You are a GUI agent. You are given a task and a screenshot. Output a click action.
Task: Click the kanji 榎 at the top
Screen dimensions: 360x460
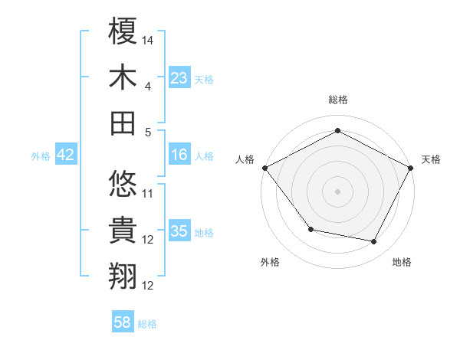click(x=123, y=32)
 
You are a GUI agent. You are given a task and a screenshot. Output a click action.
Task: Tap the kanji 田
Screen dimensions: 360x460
click(x=123, y=123)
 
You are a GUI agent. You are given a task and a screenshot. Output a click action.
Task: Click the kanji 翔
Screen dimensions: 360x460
click(x=123, y=277)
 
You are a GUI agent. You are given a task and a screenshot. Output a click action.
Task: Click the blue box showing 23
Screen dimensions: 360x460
click(x=179, y=77)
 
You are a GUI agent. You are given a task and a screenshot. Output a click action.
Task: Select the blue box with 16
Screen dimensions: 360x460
click(x=179, y=155)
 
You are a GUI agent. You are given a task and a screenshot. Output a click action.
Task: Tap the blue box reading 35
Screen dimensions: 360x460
click(x=179, y=231)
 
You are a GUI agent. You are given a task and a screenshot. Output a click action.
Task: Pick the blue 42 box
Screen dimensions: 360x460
click(x=66, y=155)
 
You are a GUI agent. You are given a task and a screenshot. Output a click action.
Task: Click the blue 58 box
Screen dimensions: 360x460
click(x=123, y=322)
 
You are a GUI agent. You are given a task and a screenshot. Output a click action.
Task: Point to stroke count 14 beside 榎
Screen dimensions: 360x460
click(x=149, y=38)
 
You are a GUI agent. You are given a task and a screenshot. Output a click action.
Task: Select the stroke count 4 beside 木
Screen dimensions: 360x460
click(x=149, y=86)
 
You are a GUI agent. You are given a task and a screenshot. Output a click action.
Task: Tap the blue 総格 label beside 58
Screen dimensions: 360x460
click(x=147, y=324)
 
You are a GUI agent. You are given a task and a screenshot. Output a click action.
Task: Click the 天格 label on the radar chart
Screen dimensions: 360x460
click(x=432, y=159)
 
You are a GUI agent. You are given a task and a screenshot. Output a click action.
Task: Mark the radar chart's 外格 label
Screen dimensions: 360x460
click(x=270, y=262)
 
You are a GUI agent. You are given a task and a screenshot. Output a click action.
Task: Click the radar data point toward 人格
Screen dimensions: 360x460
click(x=264, y=167)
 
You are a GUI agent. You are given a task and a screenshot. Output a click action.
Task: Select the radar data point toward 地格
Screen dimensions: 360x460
click(x=374, y=242)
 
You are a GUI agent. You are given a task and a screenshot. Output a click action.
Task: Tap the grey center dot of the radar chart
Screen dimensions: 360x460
click(x=337, y=191)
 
